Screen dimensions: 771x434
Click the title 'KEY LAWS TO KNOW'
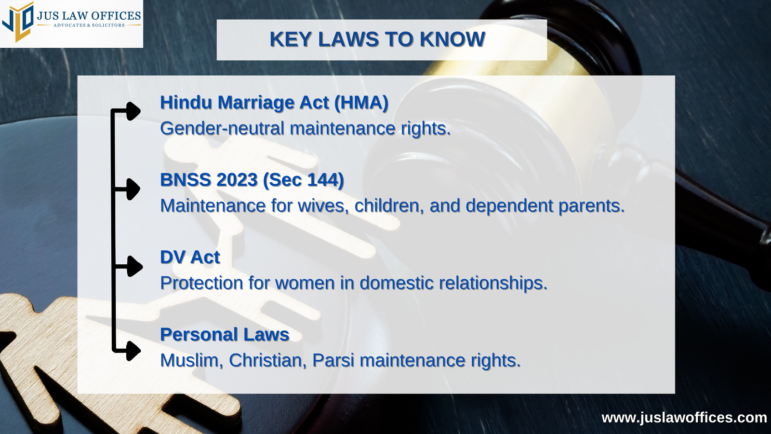click(x=378, y=39)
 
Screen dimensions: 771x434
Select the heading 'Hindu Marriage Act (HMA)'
click(x=274, y=103)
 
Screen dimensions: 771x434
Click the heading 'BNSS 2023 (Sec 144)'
click(x=252, y=180)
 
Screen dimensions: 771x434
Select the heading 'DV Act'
click(x=190, y=257)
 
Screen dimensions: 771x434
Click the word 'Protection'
click(x=202, y=283)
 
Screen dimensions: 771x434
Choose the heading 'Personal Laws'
click(x=225, y=335)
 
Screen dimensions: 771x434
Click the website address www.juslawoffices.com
click(x=684, y=418)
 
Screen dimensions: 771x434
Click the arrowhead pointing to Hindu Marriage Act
click(x=133, y=111)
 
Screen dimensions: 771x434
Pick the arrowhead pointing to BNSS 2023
click(x=133, y=189)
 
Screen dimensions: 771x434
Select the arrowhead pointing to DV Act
click(x=134, y=266)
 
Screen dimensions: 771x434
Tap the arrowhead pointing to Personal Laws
click(x=133, y=351)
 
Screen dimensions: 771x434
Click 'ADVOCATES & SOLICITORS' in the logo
click(x=89, y=25)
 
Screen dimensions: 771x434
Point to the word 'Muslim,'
click(x=192, y=360)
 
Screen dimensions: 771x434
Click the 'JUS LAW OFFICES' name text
click(x=89, y=16)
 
